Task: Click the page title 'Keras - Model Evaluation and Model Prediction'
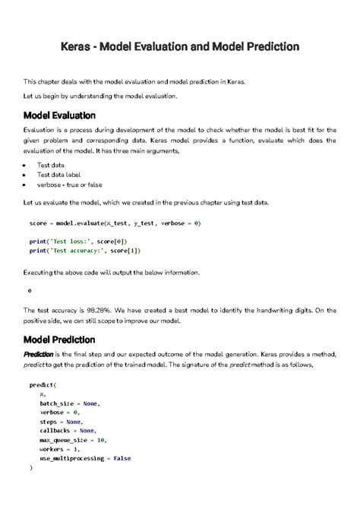tap(180, 47)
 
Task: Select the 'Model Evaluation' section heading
tap(59, 115)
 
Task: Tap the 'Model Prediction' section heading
tap(59, 339)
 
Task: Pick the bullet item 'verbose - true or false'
tap(70, 185)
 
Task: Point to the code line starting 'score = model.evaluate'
tap(115, 224)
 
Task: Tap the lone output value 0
tap(30, 291)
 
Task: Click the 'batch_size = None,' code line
tap(70, 403)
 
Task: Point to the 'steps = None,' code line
tap(61, 422)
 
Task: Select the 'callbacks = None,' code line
tap(68, 431)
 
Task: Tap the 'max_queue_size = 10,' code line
tap(73, 440)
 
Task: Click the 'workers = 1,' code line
tap(59, 449)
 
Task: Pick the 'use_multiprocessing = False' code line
tap(85, 458)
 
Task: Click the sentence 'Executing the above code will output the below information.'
tap(111, 272)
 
